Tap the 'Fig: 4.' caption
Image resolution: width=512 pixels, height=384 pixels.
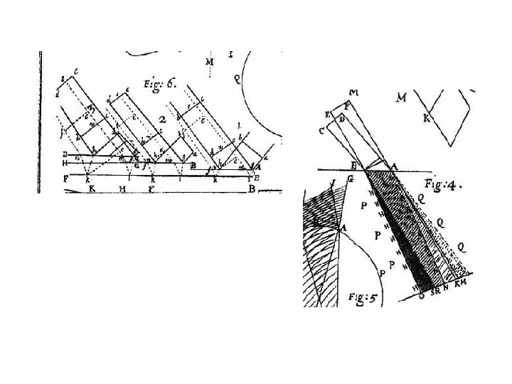click(x=447, y=186)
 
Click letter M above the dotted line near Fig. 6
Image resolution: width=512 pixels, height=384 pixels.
click(x=210, y=63)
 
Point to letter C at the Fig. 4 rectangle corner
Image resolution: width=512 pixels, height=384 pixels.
click(x=322, y=131)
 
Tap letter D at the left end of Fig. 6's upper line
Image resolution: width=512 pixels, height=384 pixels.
click(x=65, y=154)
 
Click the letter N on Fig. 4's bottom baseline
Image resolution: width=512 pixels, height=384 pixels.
click(x=446, y=289)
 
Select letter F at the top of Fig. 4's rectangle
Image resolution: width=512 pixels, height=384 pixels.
click(x=346, y=106)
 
